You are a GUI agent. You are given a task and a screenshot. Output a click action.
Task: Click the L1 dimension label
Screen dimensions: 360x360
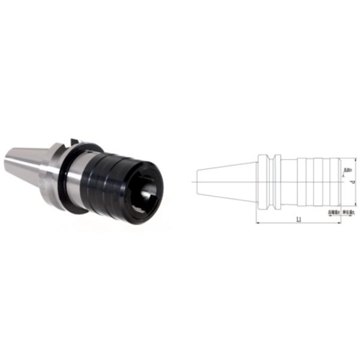tap(298, 220)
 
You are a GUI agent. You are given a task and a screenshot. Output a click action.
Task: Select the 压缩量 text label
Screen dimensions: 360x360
tap(334, 212)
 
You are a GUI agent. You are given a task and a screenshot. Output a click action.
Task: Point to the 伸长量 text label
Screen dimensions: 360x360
tap(349, 212)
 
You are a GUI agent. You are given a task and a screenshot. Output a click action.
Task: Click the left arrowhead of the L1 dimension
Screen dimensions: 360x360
tap(258, 223)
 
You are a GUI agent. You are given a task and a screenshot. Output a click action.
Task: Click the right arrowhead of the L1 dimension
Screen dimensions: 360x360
tap(339, 223)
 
